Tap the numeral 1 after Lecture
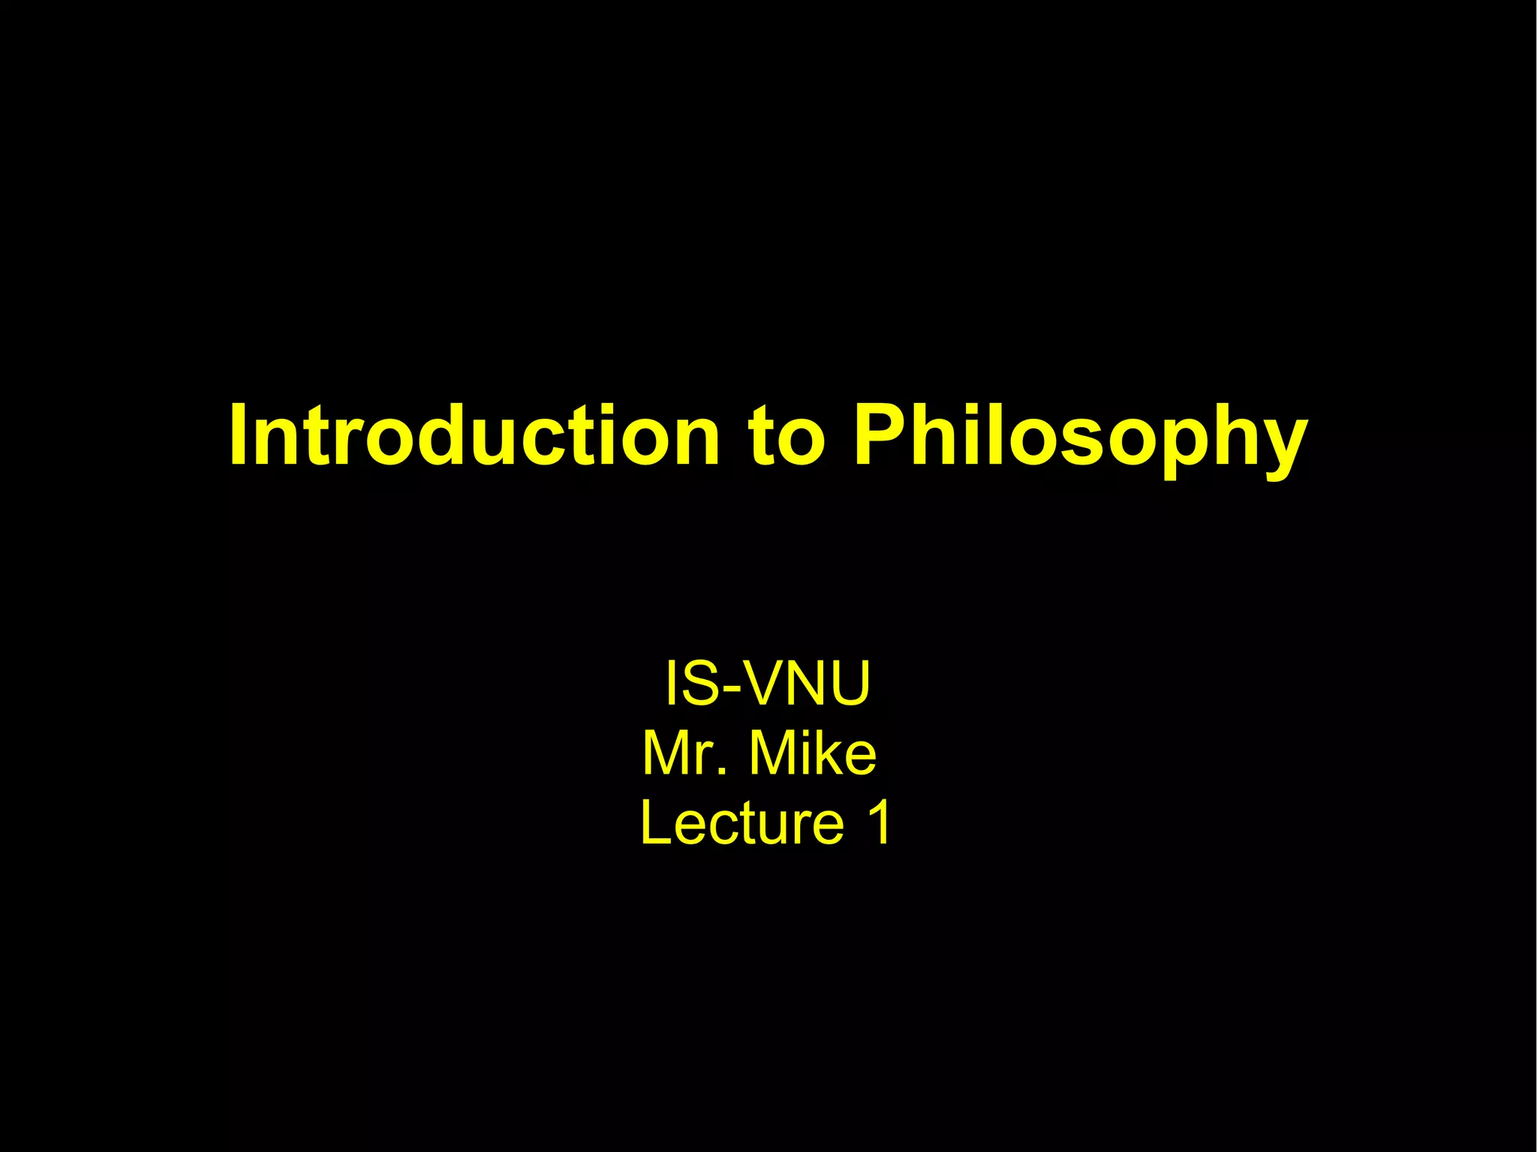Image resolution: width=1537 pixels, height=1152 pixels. (x=877, y=823)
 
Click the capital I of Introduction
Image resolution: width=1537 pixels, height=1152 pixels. (x=239, y=435)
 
